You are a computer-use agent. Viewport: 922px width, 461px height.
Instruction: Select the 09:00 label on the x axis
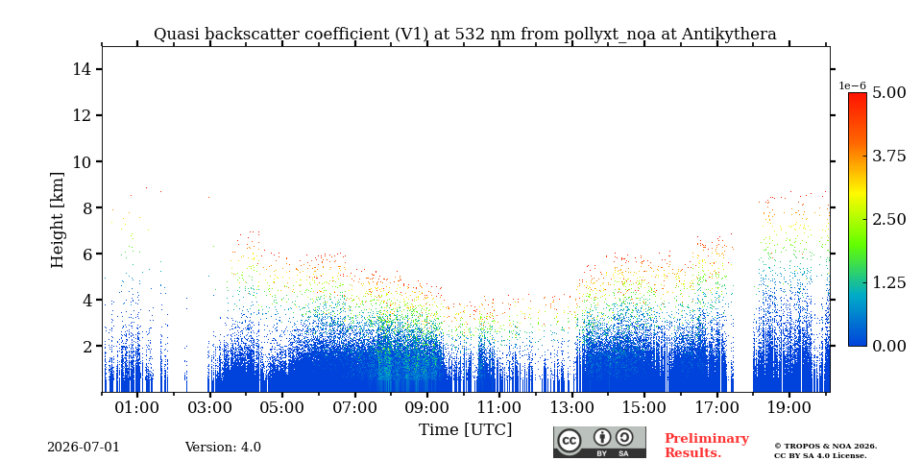pos(426,407)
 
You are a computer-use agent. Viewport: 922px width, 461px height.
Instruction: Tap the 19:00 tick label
pos(789,407)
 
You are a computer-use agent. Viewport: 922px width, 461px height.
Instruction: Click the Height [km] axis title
pos(57,220)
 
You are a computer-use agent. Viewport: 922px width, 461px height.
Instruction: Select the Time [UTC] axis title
pos(465,430)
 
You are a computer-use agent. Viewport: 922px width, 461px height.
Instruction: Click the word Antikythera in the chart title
pos(729,35)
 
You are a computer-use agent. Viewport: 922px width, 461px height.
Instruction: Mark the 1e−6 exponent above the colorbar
pos(852,85)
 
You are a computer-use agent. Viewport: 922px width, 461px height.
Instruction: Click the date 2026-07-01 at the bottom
pos(84,447)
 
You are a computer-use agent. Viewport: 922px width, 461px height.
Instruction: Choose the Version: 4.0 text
pos(223,447)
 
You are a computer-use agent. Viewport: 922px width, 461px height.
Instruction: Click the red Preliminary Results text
pos(706,446)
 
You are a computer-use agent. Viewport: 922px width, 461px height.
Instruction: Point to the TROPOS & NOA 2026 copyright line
pos(825,447)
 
